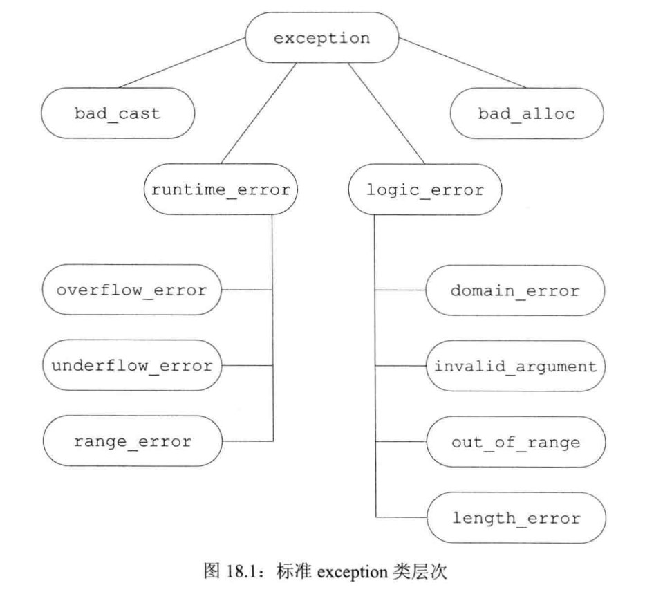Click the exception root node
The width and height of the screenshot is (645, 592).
pyautogui.click(x=321, y=38)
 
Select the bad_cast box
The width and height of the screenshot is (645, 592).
pyautogui.click(x=118, y=113)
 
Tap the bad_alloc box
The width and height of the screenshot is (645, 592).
pyautogui.click(x=527, y=113)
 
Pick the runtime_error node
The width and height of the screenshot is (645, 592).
pyautogui.click(x=221, y=189)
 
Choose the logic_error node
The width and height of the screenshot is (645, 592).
pyautogui.click(x=424, y=189)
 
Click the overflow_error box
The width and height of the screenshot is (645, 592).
pyautogui.click(x=131, y=290)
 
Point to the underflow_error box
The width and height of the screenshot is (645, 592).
pyautogui.click(x=131, y=365)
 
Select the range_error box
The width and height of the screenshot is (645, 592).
pyautogui.click(x=131, y=441)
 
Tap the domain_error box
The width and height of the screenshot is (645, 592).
pyautogui.click(x=515, y=290)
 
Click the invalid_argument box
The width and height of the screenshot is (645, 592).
pyautogui.click(x=515, y=366)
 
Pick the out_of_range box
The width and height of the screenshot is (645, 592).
pyautogui.click(x=515, y=441)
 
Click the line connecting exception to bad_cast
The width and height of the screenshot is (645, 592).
pyautogui.click(x=183, y=63)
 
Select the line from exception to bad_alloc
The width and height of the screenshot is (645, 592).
pyautogui.click(x=462, y=63)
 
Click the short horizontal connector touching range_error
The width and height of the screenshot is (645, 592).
pyautogui.click(x=247, y=441)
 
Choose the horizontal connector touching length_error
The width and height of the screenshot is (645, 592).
pyautogui.click(x=400, y=517)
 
